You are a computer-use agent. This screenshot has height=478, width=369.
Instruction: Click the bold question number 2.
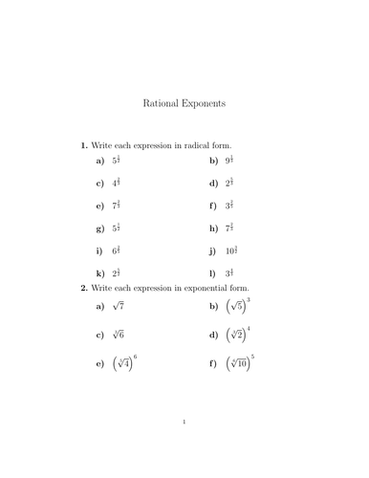point(83,287)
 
